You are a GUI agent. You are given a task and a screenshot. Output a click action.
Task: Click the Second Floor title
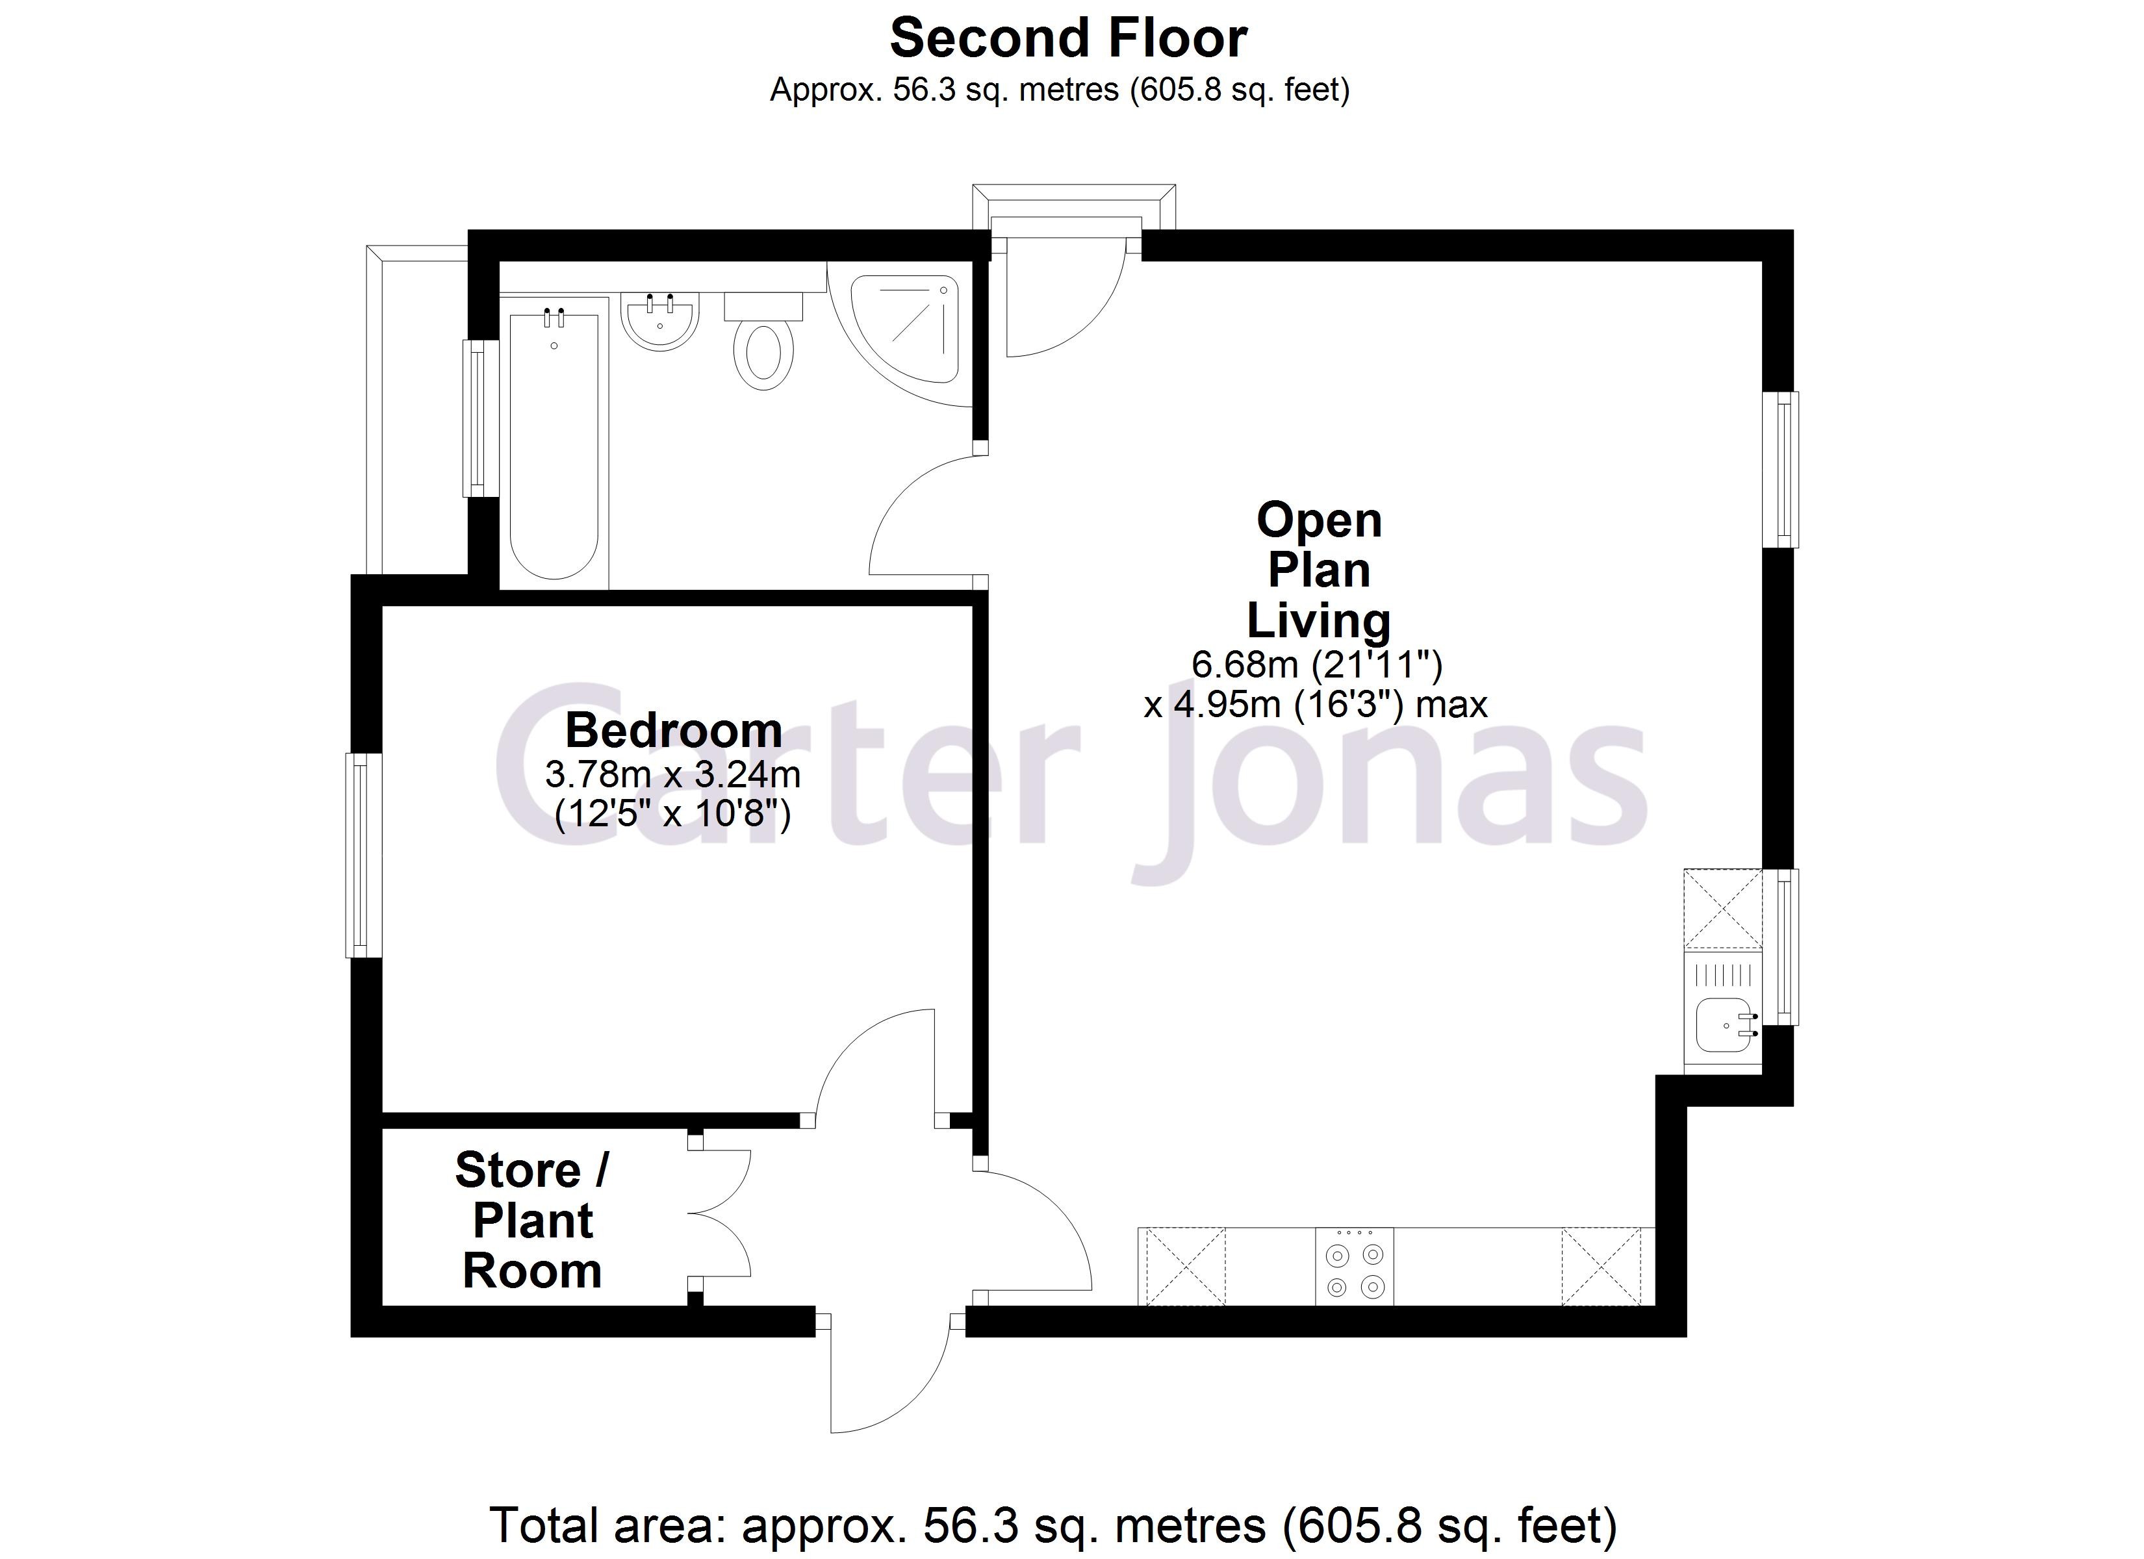(1068, 40)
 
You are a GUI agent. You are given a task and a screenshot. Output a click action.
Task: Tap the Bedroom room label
(673, 731)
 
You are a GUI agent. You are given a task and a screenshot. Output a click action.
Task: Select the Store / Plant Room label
(532, 1221)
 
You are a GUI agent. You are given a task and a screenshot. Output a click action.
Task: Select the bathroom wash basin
(660, 322)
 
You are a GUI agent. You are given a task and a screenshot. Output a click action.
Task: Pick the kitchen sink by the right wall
(1722, 1026)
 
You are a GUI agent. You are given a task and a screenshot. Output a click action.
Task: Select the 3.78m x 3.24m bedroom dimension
(673, 775)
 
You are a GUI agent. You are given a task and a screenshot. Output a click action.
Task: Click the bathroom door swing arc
(922, 515)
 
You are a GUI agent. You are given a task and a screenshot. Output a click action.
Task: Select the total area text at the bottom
(1052, 1525)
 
